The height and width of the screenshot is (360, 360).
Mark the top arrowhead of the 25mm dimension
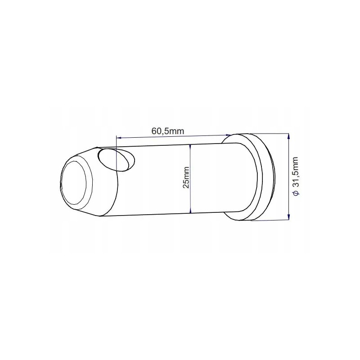(x=191, y=146)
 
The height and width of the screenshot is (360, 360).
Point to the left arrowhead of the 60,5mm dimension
(x=118, y=137)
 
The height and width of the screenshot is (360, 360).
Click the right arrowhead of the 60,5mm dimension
(x=228, y=134)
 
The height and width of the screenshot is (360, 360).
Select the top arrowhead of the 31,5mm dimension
(x=288, y=135)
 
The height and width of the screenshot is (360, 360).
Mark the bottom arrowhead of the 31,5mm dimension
(x=288, y=218)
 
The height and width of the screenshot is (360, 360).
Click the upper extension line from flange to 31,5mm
(x=270, y=133)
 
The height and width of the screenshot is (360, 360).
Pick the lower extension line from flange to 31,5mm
(x=270, y=220)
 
